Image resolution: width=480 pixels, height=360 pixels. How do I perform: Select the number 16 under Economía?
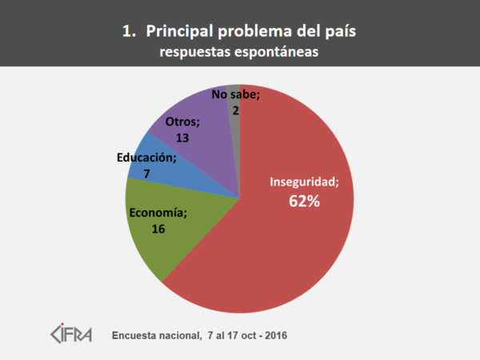point(158,229)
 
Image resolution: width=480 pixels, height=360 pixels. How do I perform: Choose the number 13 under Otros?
point(182,138)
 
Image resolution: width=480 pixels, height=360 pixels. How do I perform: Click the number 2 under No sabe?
point(236,110)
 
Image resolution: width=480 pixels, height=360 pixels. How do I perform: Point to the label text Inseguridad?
point(304,182)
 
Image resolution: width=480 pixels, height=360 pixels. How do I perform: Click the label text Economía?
point(158,214)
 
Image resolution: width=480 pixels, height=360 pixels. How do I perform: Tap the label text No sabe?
point(236,95)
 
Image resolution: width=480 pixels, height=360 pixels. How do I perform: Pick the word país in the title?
point(338,32)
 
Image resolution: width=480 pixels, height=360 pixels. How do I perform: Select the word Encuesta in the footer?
point(137,334)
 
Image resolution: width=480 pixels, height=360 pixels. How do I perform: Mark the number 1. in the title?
point(128,32)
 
